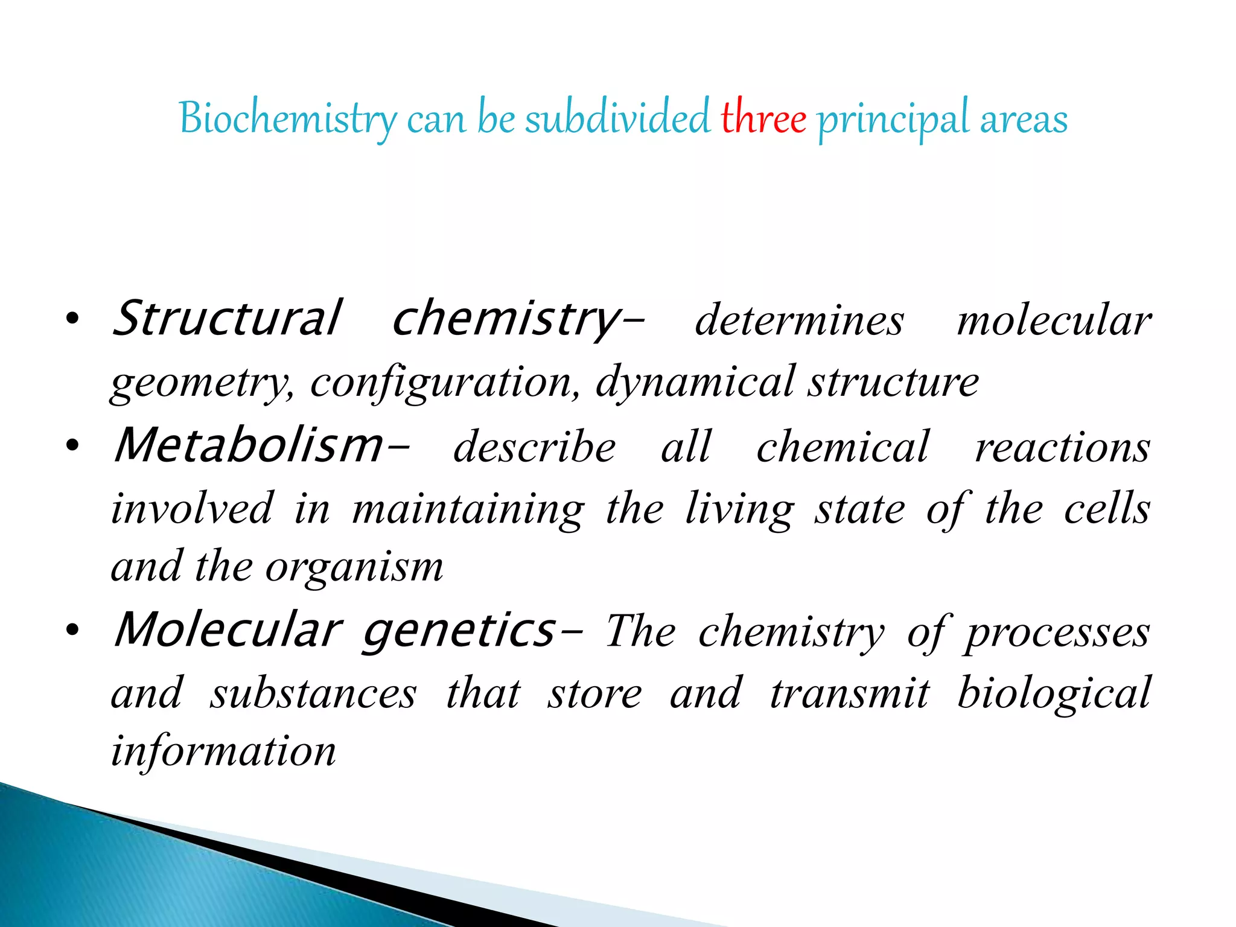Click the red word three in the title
pyautogui.click(x=763, y=118)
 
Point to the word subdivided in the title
pyautogui.click(x=617, y=118)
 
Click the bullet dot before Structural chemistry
pyautogui.click(x=72, y=320)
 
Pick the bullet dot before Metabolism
pyautogui.click(x=72, y=447)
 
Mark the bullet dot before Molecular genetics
pyautogui.click(x=72, y=631)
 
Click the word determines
pyautogui.click(x=799, y=320)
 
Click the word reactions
pyautogui.click(x=1063, y=448)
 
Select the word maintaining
pyautogui.click(x=468, y=509)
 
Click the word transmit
pyautogui.click(x=850, y=693)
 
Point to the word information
pyautogui.click(x=223, y=752)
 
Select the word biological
pyautogui.click(x=1054, y=693)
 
